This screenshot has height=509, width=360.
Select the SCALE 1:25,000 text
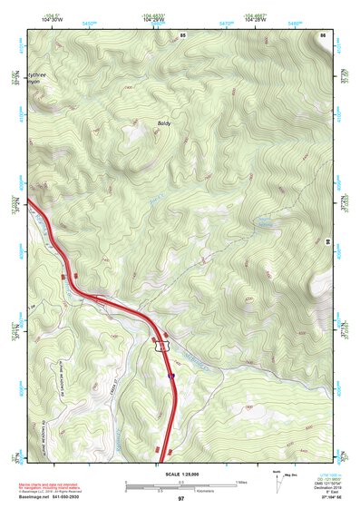coord(180,474)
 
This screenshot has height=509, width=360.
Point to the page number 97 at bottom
coord(180,499)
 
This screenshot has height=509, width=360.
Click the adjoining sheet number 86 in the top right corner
coord(323,34)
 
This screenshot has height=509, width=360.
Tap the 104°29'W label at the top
coord(152,18)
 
